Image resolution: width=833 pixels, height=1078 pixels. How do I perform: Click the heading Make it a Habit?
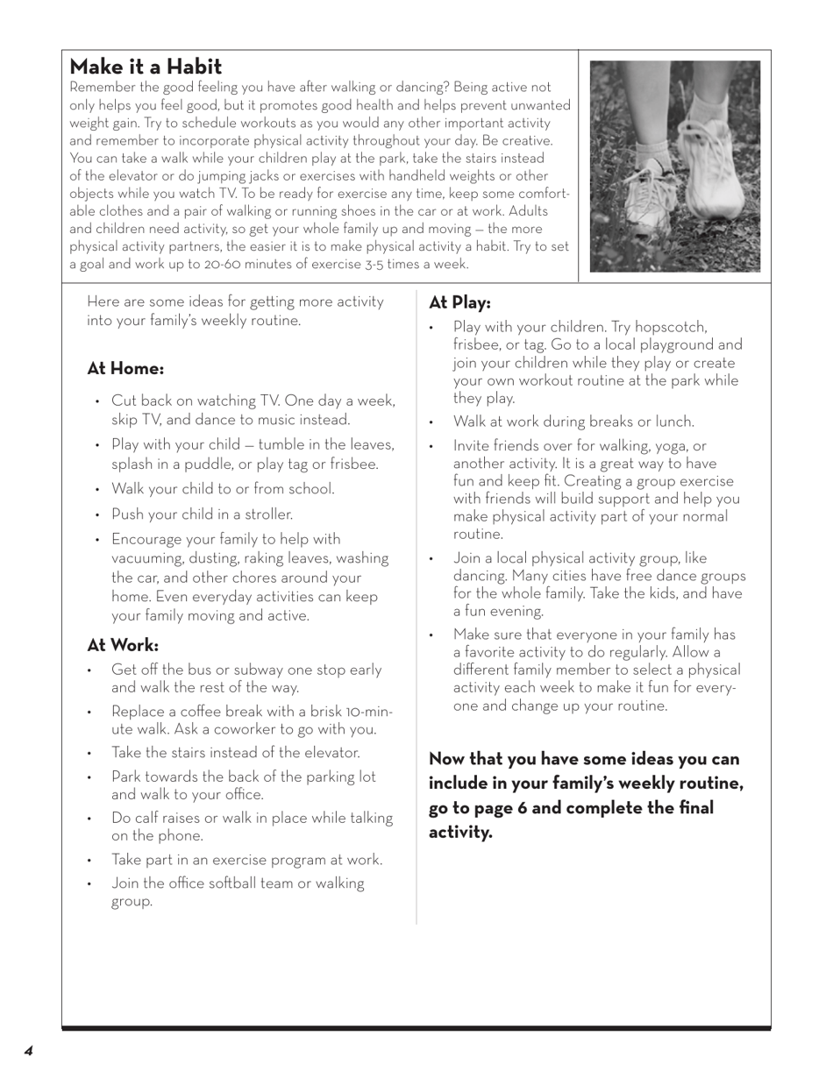coord(146,67)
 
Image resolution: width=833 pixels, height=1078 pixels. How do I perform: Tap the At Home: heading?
coord(125,369)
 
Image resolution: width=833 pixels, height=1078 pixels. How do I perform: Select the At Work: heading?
coord(123,646)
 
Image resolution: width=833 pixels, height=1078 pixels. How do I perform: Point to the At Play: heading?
coord(459,302)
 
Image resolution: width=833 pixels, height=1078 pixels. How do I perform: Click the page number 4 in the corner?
coord(28,1051)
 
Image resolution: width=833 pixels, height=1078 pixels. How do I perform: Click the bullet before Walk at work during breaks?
coord(432,422)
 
